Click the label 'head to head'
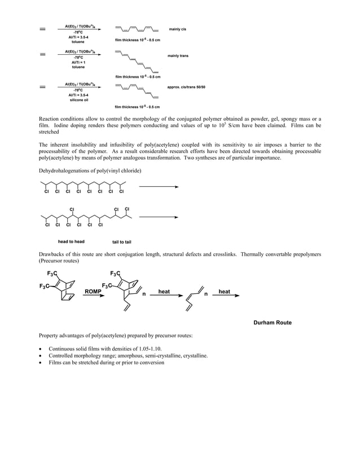coord(72,241)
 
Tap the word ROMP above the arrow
coord(93,291)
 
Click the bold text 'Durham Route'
coord(273,323)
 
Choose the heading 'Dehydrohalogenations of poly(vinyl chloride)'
coord(90,170)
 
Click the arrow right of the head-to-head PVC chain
coord(159,186)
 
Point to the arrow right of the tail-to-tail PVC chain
coord(159,217)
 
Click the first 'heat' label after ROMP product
coord(164,291)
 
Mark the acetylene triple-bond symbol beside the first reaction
coord(43,29)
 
